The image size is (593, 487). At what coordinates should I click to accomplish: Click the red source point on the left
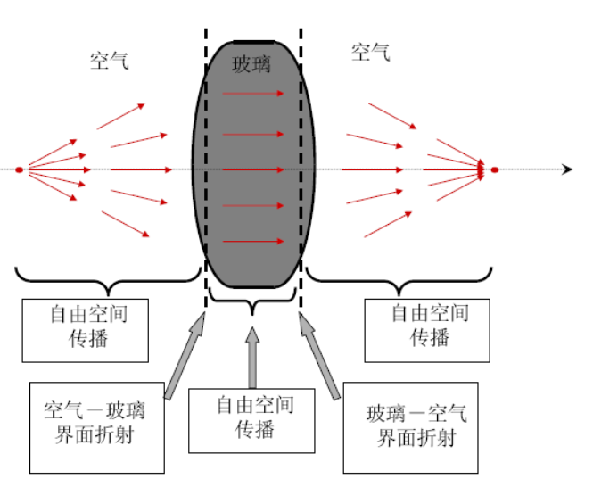click(x=20, y=169)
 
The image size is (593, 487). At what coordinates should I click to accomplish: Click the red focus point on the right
click(x=495, y=169)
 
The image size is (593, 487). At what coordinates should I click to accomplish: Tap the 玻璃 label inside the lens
click(x=251, y=64)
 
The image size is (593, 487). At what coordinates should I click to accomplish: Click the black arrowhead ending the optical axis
click(x=566, y=169)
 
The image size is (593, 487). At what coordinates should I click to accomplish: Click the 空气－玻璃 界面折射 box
click(x=96, y=428)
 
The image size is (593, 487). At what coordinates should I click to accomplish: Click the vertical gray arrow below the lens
click(x=253, y=357)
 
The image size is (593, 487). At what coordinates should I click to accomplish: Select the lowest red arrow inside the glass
click(x=253, y=241)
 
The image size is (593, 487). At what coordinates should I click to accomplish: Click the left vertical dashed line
click(x=206, y=178)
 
